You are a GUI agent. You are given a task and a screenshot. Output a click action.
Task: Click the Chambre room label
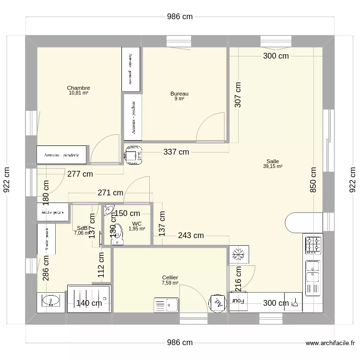click(x=78, y=88)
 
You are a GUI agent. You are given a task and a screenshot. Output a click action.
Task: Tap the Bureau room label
click(x=179, y=94)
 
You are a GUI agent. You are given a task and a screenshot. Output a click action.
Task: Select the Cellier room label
click(x=170, y=277)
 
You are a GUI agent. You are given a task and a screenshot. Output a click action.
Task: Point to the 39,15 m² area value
click(x=273, y=167)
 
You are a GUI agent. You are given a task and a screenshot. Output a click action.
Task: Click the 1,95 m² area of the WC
click(x=136, y=229)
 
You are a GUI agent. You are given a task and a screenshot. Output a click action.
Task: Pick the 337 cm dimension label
click(x=176, y=152)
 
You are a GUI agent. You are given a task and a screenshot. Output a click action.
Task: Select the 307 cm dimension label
click(x=238, y=94)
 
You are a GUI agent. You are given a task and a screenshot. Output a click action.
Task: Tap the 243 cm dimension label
click(x=191, y=235)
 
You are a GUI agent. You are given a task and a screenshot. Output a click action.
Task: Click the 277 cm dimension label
click(x=80, y=174)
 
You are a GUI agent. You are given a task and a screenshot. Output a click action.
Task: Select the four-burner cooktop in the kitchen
click(x=313, y=245)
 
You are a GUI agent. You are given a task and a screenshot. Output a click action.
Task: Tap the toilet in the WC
click(x=116, y=240)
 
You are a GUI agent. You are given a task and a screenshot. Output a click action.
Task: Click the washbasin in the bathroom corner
click(x=50, y=301)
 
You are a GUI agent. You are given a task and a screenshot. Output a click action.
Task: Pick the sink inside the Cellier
click(x=166, y=304)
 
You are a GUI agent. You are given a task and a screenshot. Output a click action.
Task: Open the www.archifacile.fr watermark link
click(x=330, y=343)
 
